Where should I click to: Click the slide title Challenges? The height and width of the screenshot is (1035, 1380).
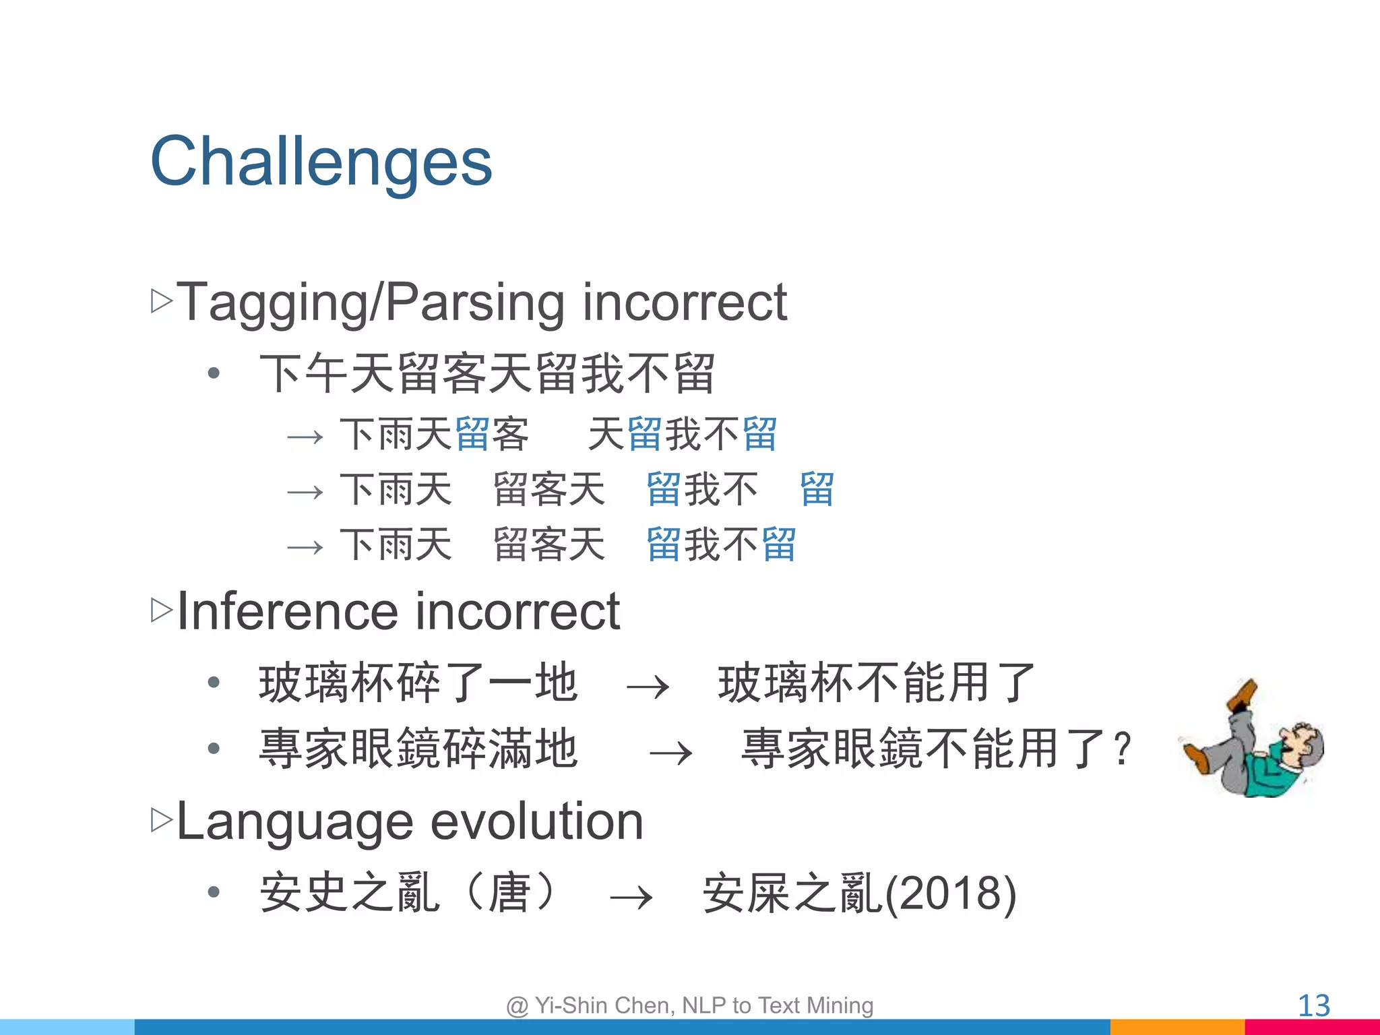(321, 162)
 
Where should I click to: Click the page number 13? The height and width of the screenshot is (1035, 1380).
(1313, 1006)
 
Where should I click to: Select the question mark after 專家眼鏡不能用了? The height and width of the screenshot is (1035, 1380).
(1122, 749)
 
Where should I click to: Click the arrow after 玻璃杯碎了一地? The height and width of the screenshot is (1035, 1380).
(648, 687)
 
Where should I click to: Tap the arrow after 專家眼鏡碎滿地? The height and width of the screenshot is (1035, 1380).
(670, 753)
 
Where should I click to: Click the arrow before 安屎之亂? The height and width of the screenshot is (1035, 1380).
(631, 898)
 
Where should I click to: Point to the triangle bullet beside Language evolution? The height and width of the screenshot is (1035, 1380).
(162, 820)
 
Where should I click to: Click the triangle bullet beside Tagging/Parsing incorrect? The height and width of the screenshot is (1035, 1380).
(162, 301)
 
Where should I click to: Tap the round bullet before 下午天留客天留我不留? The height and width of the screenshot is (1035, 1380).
(214, 373)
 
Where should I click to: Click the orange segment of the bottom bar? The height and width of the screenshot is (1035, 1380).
(1177, 1027)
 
